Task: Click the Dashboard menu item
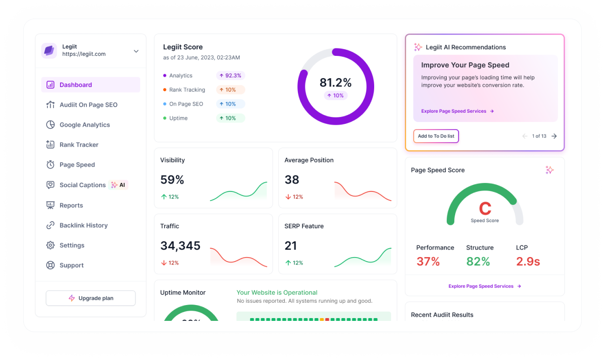[x=76, y=85]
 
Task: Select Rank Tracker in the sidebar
[x=79, y=145]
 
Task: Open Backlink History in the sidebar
[x=83, y=225]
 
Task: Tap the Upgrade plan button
[x=91, y=298]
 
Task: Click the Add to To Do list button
[x=436, y=136]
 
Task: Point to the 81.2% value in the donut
[x=336, y=83]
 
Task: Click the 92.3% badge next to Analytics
[x=230, y=75]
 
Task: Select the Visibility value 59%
[x=172, y=180]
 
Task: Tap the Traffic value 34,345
[x=180, y=246]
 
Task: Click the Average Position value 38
[x=292, y=180]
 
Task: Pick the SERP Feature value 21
[x=290, y=246]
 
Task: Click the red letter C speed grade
[x=485, y=208]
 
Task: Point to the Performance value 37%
[x=428, y=262]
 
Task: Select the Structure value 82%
[x=478, y=262]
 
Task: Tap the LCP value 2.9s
[x=528, y=262]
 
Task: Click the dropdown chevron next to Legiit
[x=136, y=51]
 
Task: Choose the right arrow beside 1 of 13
[x=554, y=136]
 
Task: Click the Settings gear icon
[x=50, y=245]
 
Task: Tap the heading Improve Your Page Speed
[x=465, y=65]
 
